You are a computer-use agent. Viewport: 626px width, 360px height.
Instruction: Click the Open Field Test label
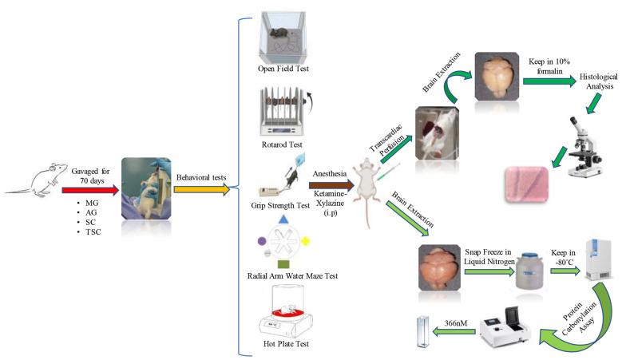(284, 69)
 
